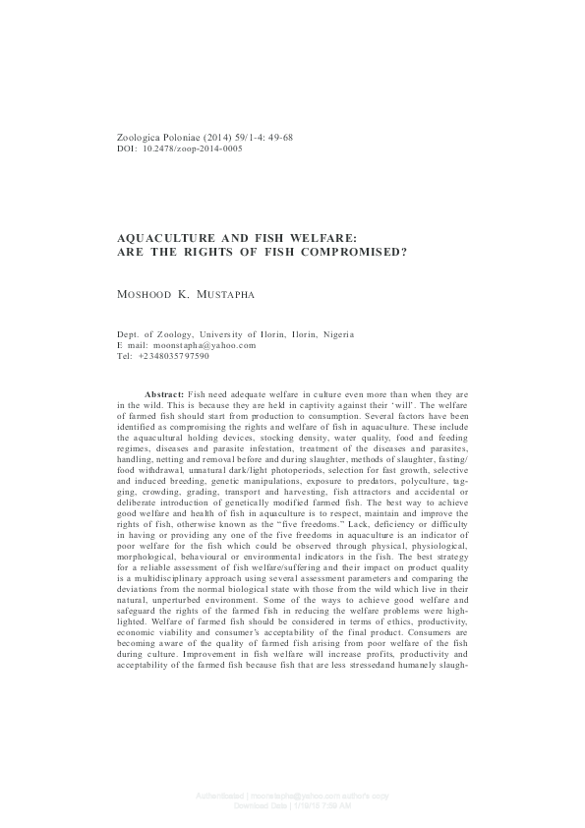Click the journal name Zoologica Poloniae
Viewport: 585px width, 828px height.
pos(158,137)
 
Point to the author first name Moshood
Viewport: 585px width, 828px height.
pos(145,293)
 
